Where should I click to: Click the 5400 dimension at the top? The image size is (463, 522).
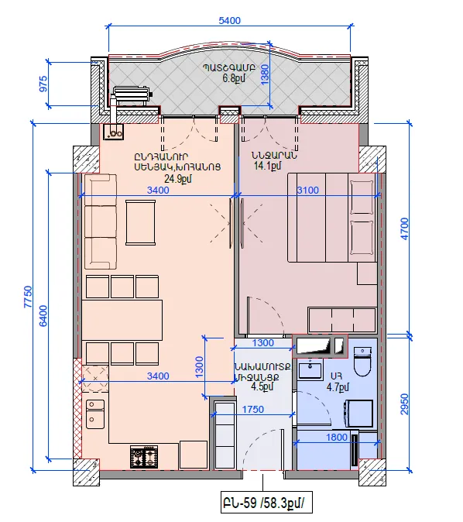pyautogui.click(x=229, y=21)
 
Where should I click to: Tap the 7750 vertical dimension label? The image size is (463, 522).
pyautogui.click(x=29, y=297)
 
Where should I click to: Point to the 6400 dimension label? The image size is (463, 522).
pyautogui.click(x=43, y=315)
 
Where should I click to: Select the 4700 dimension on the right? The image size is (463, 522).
pyautogui.click(x=404, y=228)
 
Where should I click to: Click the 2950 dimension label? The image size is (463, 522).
pyautogui.click(x=404, y=404)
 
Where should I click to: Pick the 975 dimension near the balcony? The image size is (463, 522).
pyautogui.click(x=43, y=84)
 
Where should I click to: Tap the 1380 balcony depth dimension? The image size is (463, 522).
pyautogui.click(x=265, y=74)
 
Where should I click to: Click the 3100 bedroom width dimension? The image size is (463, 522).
pyautogui.click(x=308, y=191)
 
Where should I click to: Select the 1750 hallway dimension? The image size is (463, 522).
pyautogui.click(x=253, y=410)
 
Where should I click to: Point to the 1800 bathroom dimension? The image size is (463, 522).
pyautogui.click(x=337, y=437)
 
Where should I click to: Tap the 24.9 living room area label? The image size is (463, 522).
pyautogui.click(x=178, y=179)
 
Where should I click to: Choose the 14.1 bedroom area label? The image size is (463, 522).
pyautogui.click(x=267, y=166)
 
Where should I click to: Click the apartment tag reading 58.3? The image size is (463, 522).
pyautogui.click(x=266, y=503)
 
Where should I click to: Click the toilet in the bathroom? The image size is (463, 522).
pyautogui.click(x=362, y=362)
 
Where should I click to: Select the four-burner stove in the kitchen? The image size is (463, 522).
pyautogui.click(x=144, y=457)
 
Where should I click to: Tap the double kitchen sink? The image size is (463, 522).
pyautogui.click(x=95, y=414)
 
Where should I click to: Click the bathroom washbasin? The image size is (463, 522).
pyautogui.click(x=310, y=369)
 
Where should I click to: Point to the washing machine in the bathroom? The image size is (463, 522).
pyautogui.click(x=358, y=413)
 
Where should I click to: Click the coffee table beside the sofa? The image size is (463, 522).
pyautogui.click(x=140, y=223)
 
